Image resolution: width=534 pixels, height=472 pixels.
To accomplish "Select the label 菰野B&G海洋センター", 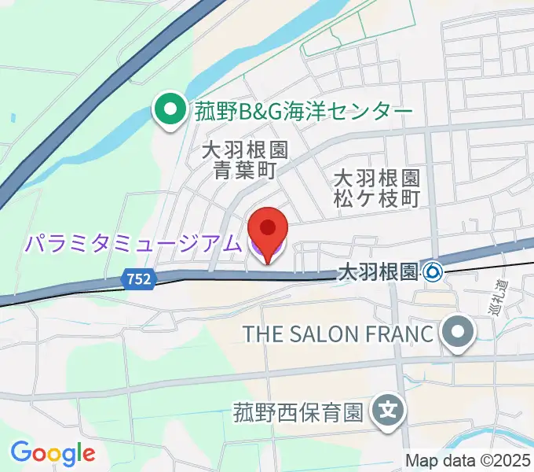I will point(303,112).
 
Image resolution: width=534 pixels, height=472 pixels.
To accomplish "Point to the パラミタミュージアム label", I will point(132,244).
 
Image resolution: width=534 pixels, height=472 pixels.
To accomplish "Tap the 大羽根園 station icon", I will point(433,272).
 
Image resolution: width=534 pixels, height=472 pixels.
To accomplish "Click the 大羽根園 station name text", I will point(376,272).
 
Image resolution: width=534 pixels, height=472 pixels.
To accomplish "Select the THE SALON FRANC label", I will point(338,333).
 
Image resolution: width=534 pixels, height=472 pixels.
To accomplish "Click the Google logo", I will point(53,452).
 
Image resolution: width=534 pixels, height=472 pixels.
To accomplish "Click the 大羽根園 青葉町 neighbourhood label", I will point(244,159).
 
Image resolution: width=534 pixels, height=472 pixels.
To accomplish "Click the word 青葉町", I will point(244,170).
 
